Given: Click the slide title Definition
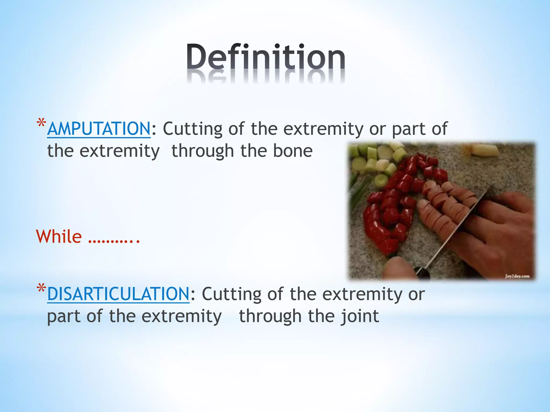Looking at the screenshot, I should [266, 58].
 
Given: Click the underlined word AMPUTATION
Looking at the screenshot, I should [99, 129].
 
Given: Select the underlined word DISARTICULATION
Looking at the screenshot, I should [118, 294].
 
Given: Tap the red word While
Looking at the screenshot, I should [59, 237].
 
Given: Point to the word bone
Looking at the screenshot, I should [293, 151].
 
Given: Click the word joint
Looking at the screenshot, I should [360, 316].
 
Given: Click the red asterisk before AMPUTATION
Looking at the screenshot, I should [41, 124].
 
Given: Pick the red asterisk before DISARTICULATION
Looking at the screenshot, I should [41, 289].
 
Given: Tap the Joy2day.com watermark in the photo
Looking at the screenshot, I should [517, 276].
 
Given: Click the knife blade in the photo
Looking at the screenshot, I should [457, 228].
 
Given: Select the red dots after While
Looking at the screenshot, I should [114, 240].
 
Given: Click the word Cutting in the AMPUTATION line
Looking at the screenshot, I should [192, 129].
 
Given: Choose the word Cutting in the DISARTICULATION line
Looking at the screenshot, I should [231, 294].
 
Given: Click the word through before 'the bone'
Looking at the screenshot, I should [202, 151].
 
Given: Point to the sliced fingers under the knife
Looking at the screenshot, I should [443, 207].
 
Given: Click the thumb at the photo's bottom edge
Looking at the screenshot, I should [397, 268].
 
